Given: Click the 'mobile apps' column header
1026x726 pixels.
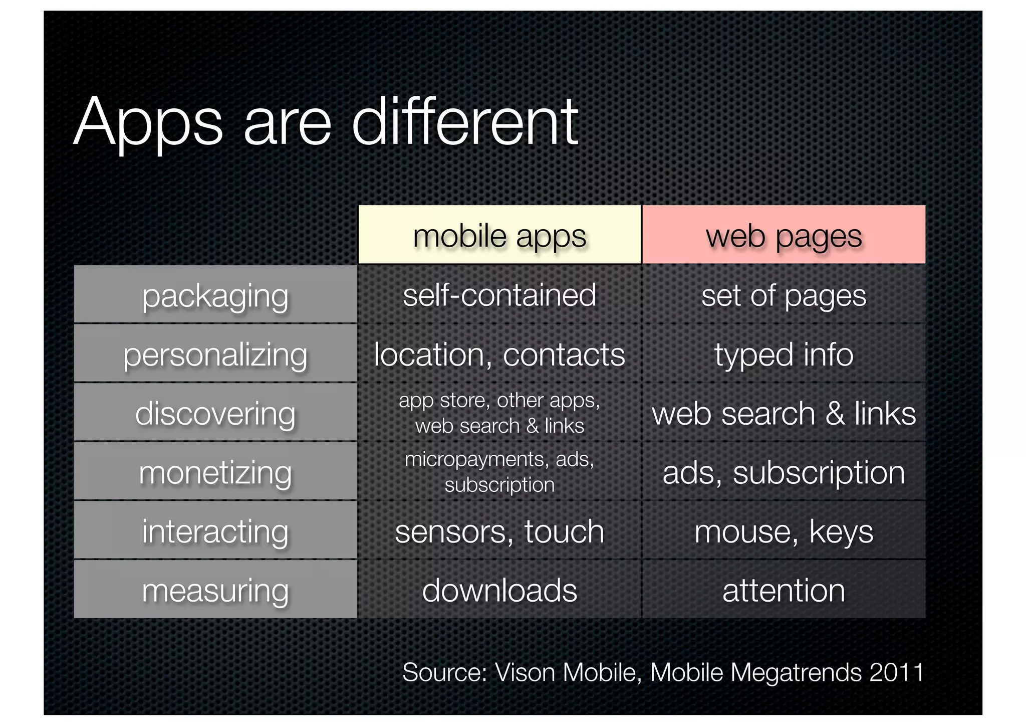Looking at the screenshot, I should pyautogui.click(x=499, y=236).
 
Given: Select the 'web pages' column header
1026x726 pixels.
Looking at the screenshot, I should pyautogui.click(x=784, y=236).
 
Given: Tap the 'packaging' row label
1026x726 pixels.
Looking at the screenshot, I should pyautogui.click(x=215, y=295).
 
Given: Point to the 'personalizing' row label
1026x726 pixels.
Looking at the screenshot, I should pyautogui.click(x=215, y=354).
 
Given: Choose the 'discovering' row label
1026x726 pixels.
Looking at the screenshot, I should pyautogui.click(x=215, y=413).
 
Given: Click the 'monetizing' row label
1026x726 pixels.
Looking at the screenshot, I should pyautogui.click(x=215, y=472).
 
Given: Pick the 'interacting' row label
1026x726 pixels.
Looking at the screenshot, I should pyautogui.click(x=215, y=531).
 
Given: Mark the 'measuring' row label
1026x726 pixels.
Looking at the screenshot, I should pyautogui.click(x=215, y=590).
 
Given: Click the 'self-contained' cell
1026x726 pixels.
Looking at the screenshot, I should pyautogui.click(x=499, y=295).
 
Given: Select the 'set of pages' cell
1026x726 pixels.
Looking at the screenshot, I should pyautogui.click(x=784, y=295).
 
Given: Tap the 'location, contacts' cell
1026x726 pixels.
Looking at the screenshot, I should pyautogui.click(x=499, y=354).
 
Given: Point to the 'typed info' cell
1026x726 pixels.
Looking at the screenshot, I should pyautogui.click(x=784, y=354).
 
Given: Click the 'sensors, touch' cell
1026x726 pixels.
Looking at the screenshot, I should pyautogui.click(x=499, y=531).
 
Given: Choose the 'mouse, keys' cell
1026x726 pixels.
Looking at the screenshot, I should pyautogui.click(x=784, y=531).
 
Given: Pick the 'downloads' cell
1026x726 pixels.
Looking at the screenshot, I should pyautogui.click(x=499, y=590).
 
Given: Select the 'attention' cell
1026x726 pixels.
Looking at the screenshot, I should pyautogui.click(x=784, y=590).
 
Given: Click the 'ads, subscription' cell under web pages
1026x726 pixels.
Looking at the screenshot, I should pyautogui.click(x=784, y=472).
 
